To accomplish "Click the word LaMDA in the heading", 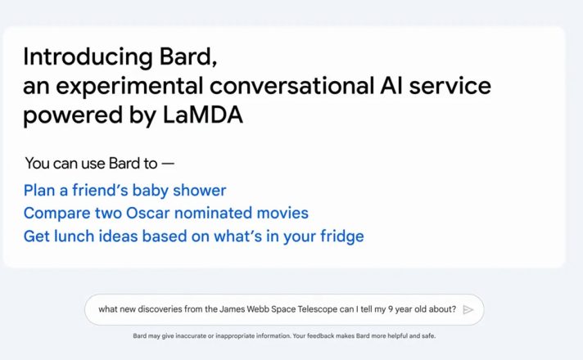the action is [203, 115].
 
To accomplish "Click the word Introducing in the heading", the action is [88, 56].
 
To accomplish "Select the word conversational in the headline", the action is [291, 85].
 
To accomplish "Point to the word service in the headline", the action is [450, 85].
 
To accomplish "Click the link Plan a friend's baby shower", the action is [125, 190].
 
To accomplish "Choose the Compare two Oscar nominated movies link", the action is [166, 214].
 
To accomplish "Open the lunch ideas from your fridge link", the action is [194, 236].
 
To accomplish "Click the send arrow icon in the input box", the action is [468, 310].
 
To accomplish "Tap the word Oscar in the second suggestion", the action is [148, 214].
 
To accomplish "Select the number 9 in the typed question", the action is [390, 309].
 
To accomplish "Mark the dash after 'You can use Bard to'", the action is [168, 164].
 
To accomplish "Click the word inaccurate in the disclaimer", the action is [191, 335].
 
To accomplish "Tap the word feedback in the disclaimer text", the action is [321, 335].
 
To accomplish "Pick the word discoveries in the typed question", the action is [160, 309].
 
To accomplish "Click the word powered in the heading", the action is [73, 115].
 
